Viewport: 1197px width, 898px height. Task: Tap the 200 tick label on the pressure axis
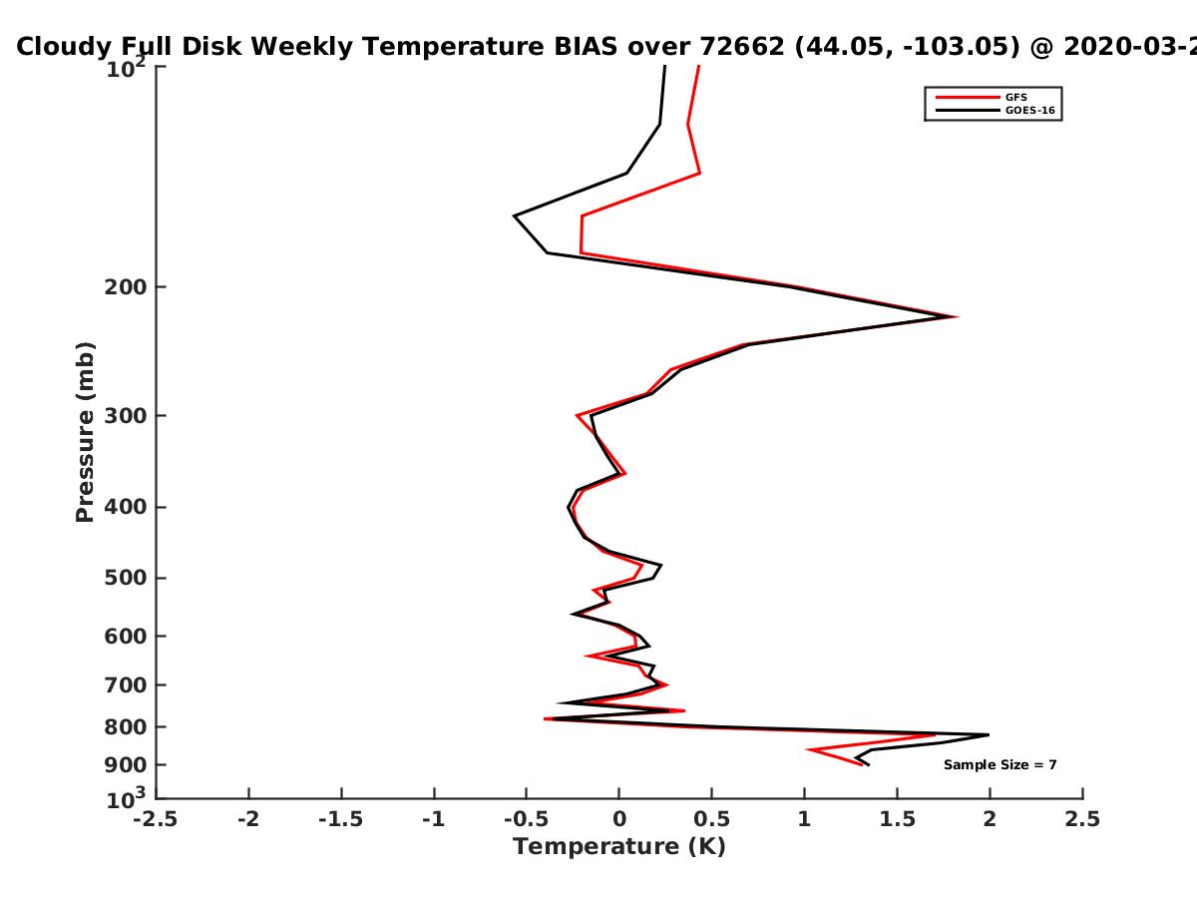126,287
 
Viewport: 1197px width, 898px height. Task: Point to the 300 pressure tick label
126,416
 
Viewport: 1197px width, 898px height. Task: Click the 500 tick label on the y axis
126,578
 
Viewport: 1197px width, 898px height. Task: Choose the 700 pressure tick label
126,685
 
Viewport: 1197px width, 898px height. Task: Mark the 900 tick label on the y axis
126,765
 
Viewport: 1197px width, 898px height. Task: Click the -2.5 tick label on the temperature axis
156,819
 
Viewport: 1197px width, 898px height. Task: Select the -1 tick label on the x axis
434,819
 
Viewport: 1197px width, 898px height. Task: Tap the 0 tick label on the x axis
619,819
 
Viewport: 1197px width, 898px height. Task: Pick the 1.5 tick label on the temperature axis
898,819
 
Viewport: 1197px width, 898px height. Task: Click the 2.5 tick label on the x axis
1082,819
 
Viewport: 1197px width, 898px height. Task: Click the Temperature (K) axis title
619,847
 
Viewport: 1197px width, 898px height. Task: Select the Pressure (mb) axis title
85,432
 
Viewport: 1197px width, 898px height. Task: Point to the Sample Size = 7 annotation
1000,765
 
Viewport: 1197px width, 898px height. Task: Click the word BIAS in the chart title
586,47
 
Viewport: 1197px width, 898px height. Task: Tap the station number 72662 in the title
742,47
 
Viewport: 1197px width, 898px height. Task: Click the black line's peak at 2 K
989,735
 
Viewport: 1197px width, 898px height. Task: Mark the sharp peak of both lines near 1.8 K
955,316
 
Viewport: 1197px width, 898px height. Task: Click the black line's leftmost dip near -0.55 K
515,216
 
